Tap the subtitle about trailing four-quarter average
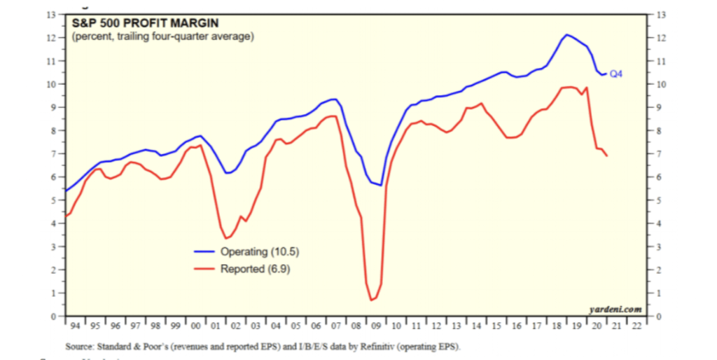coord(162,36)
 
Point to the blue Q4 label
coord(616,74)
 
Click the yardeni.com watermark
coord(615,308)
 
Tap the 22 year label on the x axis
coord(636,326)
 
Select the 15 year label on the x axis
coord(497,326)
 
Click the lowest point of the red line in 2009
coord(371,300)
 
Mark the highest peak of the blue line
coord(566,34)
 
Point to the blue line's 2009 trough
coord(380,186)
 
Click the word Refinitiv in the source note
coord(377,347)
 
